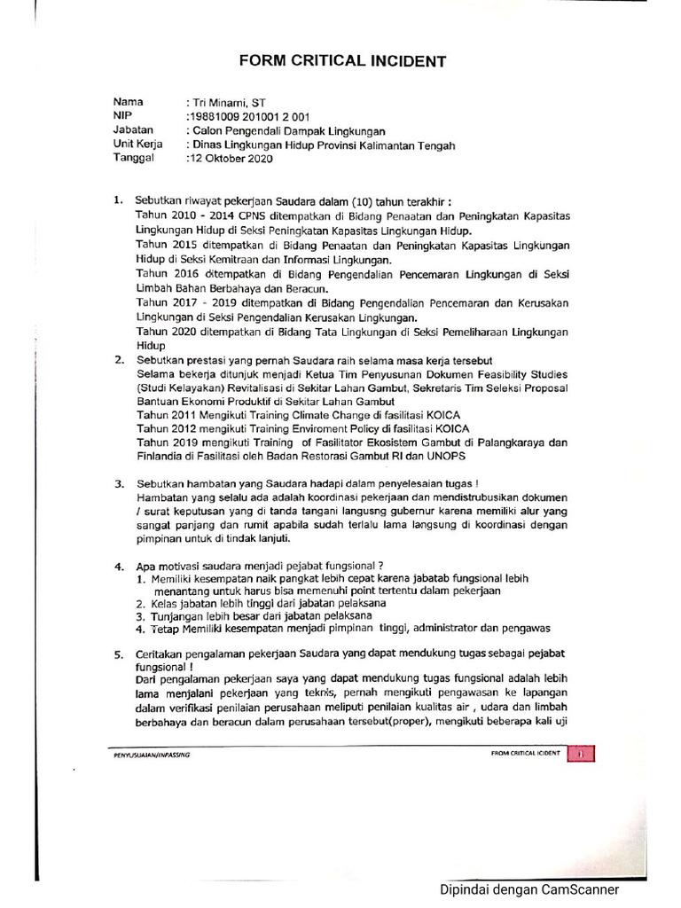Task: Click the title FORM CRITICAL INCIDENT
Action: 340,61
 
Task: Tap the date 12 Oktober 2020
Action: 231,160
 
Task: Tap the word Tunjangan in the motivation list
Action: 176,614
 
